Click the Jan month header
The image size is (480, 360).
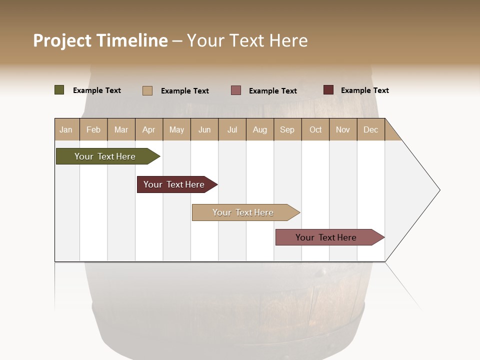[66, 129]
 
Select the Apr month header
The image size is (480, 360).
[149, 129]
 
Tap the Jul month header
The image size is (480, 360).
[232, 129]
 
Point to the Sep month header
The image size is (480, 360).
[287, 129]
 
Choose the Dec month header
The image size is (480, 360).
[370, 129]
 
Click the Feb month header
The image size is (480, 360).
[93, 129]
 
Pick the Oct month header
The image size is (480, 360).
[315, 129]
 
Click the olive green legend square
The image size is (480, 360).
[59, 90]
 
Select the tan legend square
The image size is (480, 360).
[147, 90]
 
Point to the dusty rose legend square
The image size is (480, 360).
[236, 90]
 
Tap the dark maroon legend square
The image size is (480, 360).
[328, 90]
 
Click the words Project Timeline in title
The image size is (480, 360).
[100, 40]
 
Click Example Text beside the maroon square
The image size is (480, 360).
[364, 90]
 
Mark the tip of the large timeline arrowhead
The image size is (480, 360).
[439, 190]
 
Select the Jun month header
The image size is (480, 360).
[204, 129]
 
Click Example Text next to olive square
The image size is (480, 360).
[97, 90]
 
